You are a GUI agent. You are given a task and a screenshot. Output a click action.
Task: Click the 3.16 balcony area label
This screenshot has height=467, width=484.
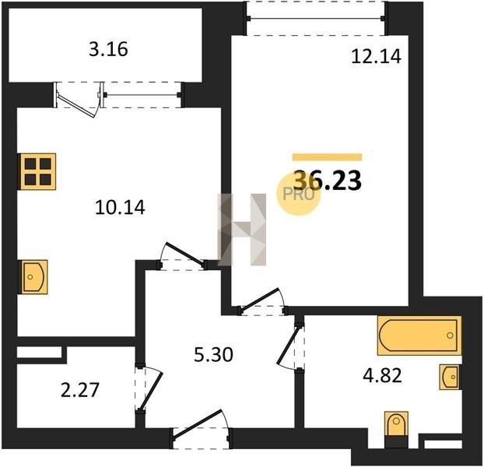pos(108,49)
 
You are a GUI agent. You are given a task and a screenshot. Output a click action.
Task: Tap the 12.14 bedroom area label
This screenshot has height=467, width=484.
pos(377,57)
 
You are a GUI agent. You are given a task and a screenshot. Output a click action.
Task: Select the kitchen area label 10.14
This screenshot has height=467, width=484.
pos(120,207)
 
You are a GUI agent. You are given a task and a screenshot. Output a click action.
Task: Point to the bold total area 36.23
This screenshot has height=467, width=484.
pos(327,181)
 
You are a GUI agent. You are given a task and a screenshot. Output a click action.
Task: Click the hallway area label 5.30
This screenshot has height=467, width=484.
pos(214,354)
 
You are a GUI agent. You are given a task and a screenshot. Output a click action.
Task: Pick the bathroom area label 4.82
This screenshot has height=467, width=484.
pos(382,376)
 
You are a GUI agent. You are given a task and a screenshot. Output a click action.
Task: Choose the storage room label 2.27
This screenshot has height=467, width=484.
pos(80,390)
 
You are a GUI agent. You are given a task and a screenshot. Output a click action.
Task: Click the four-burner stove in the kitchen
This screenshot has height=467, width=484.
pos(37,171)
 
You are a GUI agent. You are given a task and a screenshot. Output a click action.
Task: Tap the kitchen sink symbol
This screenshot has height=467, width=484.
pos(34,277)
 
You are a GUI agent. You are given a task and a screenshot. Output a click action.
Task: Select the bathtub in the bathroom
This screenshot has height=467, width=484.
pos(419,335)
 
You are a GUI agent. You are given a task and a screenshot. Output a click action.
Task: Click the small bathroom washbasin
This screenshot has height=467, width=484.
pos(451,377)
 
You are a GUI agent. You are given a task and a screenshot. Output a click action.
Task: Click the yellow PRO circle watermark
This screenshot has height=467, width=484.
pos(299,194)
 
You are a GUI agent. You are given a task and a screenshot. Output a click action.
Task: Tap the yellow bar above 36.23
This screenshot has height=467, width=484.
pos(327,157)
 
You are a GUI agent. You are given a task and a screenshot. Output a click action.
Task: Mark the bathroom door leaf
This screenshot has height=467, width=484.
pos(289,345)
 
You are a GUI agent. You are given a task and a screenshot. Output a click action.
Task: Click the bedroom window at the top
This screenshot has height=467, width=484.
pos(316,19)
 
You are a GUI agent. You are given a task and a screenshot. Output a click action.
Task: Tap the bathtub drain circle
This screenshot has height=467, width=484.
pos(450,335)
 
